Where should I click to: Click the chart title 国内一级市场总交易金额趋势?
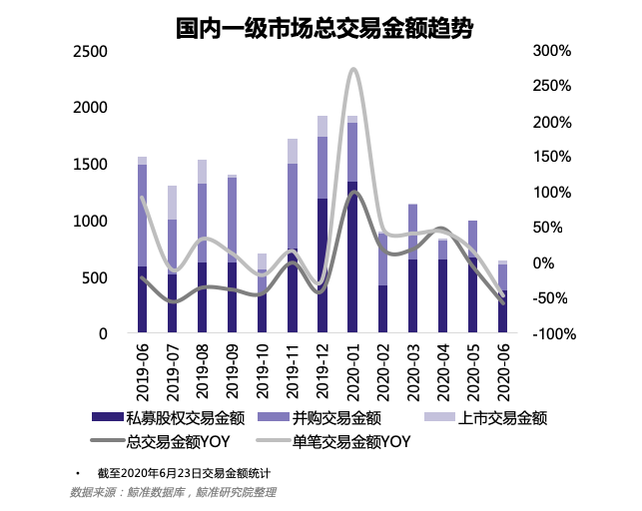click(x=321, y=28)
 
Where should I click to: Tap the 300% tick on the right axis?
click(x=551, y=51)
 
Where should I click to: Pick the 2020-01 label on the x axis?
click(x=351, y=370)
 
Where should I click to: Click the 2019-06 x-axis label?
click(x=143, y=370)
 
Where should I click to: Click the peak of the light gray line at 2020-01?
click(x=352, y=69)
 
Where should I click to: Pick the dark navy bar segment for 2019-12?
click(x=322, y=265)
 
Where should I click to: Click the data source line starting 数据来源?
click(x=172, y=491)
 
